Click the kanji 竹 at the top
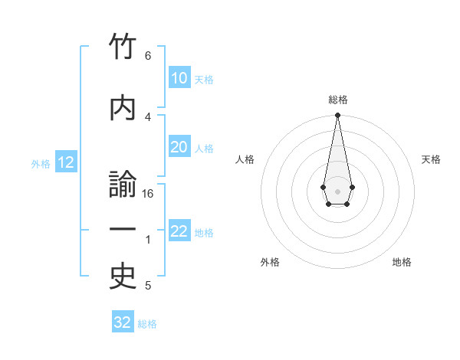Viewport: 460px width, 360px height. coord(123,48)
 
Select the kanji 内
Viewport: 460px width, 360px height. coord(123,107)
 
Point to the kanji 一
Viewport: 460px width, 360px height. coord(123,230)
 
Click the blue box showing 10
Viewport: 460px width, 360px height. coord(179,78)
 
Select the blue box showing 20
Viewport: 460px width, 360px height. coord(179,148)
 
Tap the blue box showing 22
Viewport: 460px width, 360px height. coord(179,232)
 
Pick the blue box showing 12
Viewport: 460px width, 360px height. coord(65,162)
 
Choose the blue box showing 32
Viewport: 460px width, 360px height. coord(123,322)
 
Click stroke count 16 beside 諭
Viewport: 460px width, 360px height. coord(148,194)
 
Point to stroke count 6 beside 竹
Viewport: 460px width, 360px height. coord(148,56)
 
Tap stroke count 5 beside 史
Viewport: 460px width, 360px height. coord(148,286)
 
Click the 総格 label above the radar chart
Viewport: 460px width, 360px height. coord(337,100)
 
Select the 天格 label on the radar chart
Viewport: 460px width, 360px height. coord(431,159)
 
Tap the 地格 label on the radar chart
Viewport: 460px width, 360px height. coord(402,262)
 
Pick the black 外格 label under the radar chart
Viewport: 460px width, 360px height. coord(270,262)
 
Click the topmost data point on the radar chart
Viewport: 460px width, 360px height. coord(337,116)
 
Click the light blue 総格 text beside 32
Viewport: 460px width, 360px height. coord(147,324)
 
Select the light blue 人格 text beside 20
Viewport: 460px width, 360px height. coord(204,149)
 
